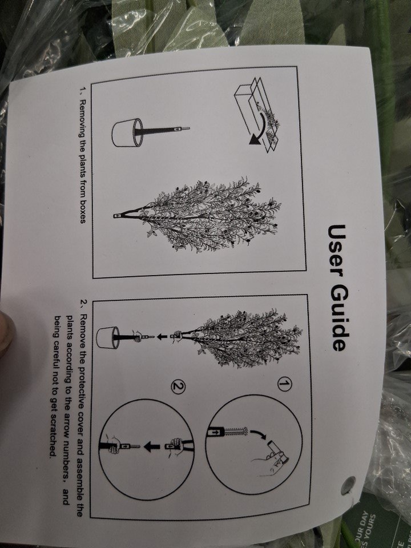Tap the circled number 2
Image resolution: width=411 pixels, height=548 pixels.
click(x=178, y=386)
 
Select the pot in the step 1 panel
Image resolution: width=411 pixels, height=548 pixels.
click(x=127, y=132)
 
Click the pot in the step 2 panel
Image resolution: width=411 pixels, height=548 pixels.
click(x=108, y=337)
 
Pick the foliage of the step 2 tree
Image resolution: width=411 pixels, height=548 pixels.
click(x=249, y=337)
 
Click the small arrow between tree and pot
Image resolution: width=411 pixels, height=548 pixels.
click(x=161, y=337)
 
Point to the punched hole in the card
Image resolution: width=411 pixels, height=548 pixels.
click(x=348, y=485)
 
